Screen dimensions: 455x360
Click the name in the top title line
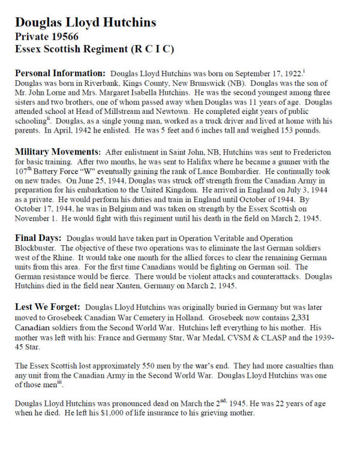(x=86, y=22)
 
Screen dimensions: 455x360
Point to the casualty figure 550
(x=148, y=365)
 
